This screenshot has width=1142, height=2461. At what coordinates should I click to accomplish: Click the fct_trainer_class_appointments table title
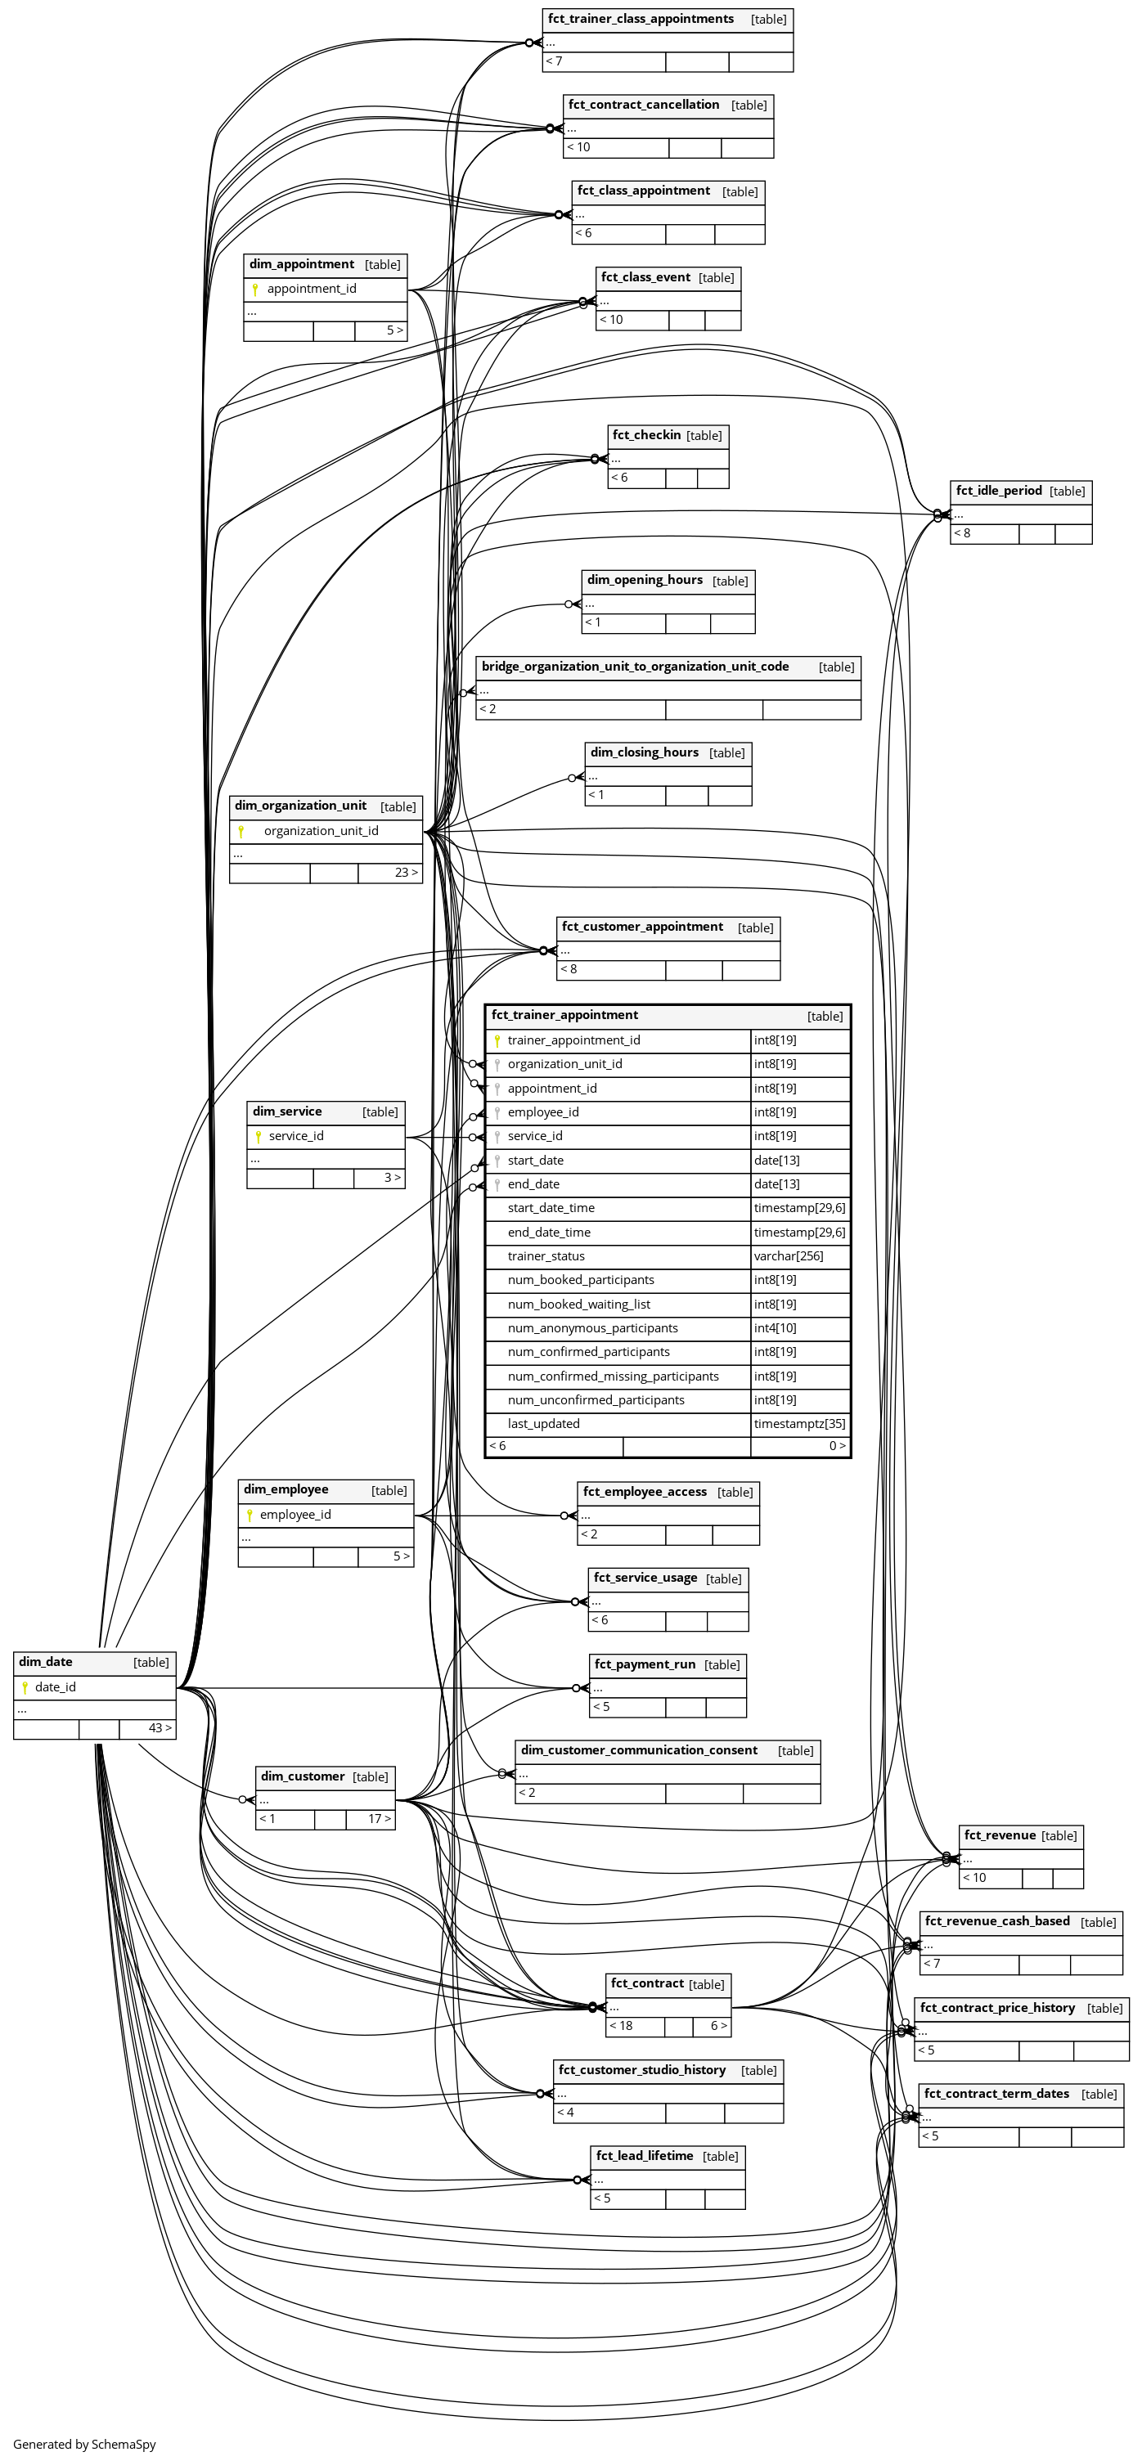(x=641, y=19)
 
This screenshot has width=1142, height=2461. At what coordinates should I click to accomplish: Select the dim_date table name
(x=46, y=1661)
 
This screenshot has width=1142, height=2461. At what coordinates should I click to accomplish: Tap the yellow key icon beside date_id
(x=25, y=1687)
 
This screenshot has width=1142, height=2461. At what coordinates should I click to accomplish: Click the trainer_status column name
(x=546, y=1256)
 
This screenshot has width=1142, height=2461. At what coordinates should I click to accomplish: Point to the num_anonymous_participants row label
(x=592, y=1328)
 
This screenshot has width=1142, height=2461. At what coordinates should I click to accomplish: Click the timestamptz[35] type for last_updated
(x=799, y=1423)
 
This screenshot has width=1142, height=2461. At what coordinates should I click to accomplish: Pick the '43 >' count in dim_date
(x=160, y=1727)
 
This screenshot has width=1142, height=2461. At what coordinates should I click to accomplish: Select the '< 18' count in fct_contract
(x=621, y=2025)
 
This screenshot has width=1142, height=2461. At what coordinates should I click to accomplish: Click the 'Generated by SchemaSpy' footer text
(x=84, y=2444)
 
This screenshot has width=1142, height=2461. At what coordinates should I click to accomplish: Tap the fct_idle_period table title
(x=999, y=491)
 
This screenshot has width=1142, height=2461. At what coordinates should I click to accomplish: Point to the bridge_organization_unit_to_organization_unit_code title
(x=635, y=667)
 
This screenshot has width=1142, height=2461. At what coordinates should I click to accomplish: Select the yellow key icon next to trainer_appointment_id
(x=497, y=1040)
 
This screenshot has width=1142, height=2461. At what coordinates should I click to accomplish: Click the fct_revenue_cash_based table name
(x=996, y=1921)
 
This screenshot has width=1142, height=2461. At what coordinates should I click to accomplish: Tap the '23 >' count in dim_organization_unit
(x=406, y=872)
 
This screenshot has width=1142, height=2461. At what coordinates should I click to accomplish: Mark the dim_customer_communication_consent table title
(x=638, y=1750)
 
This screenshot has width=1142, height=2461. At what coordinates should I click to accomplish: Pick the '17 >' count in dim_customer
(x=380, y=1819)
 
